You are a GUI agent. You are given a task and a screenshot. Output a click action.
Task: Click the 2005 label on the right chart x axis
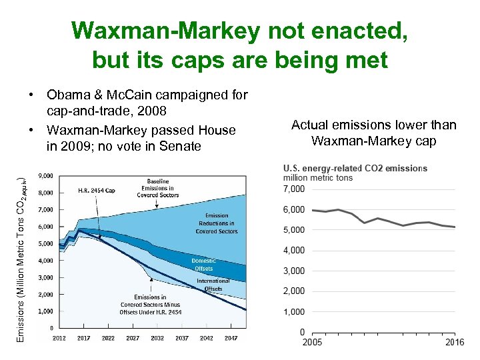click(312, 343)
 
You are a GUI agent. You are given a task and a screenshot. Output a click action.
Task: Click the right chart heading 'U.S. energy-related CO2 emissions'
click(355, 168)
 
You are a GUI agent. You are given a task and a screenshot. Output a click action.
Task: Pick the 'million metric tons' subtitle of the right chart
click(318, 177)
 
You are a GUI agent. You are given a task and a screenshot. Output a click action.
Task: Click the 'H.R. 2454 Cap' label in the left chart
click(97, 191)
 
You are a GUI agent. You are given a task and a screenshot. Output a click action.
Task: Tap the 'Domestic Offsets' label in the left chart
click(203, 264)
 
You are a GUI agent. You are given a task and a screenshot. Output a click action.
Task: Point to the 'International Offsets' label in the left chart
click(213, 285)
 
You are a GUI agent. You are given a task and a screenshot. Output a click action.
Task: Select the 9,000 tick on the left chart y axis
click(46, 176)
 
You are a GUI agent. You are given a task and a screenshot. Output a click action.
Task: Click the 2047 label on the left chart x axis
click(231, 338)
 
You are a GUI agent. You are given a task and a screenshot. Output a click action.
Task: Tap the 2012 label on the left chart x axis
click(59, 338)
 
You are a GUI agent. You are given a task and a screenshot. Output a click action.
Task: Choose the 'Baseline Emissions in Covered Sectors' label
click(158, 187)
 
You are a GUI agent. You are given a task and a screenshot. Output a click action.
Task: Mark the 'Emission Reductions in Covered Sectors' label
click(216, 223)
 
